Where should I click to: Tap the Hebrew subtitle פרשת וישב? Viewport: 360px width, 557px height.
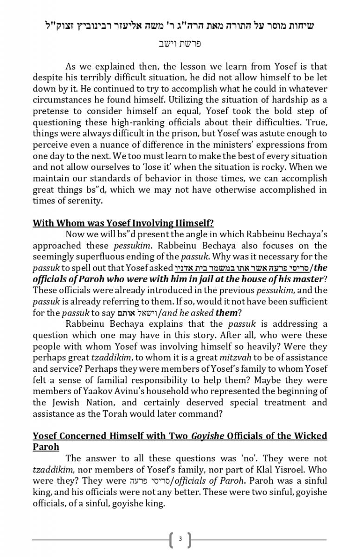pyautogui.click(x=180, y=44)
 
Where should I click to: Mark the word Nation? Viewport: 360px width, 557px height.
pyautogui.click(x=92, y=402)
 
